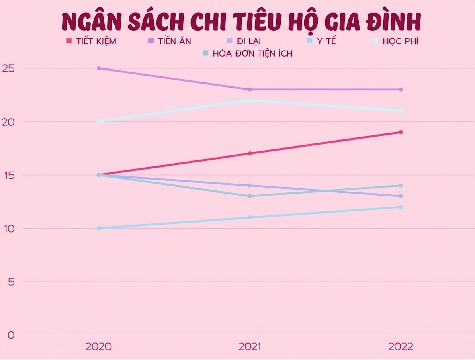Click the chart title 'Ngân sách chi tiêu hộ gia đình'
click(242, 22)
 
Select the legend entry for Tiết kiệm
click(91, 41)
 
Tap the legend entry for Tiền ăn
click(170, 41)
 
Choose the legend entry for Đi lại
click(244, 41)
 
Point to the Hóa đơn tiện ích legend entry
click(248, 53)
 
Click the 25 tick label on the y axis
click(8, 68)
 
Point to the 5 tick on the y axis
click(11, 282)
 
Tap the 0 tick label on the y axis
click(11, 335)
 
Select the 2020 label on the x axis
click(99, 346)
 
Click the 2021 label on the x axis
click(250, 346)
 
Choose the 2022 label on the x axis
click(401, 346)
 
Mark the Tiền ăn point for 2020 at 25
click(99, 68)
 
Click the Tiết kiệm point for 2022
click(401, 132)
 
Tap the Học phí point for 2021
click(250, 100)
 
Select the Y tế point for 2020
click(99, 228)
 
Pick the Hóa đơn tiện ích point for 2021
click(250, 196)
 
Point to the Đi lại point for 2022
click(401, 196)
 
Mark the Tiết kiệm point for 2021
click(250, 153)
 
